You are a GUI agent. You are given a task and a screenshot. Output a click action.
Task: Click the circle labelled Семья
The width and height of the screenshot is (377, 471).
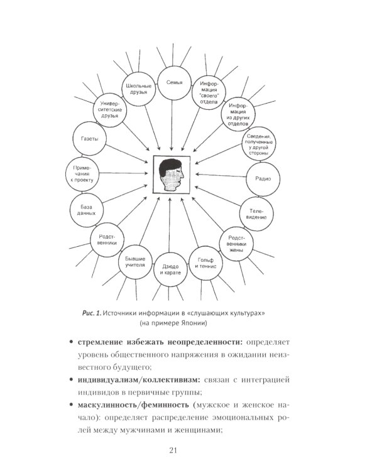point(174,82)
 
